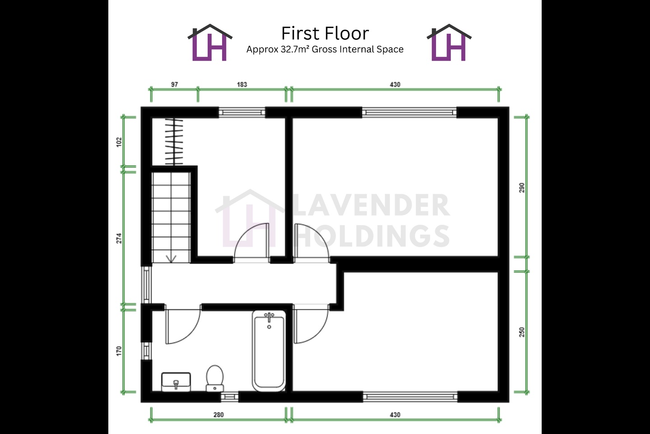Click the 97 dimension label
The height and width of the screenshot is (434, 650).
point(174,85)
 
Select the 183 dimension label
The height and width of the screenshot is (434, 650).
point(242,85)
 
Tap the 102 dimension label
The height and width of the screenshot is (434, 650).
point(119,142)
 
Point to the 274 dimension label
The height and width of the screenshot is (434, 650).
point(119,238)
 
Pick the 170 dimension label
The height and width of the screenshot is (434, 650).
point(119,351)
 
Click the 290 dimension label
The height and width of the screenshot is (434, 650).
point(522,188)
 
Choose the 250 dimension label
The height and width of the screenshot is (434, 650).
point(522,332)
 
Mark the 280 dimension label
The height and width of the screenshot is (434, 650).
point(219,415)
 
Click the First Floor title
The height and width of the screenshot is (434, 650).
point(325,33)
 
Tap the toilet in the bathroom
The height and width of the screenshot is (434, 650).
point(215,378)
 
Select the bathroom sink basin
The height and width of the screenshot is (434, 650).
point(176,382)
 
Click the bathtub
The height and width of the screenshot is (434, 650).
point(269,351)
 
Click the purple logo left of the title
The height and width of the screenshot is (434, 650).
point(210,42)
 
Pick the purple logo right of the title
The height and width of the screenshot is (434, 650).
point(449,42)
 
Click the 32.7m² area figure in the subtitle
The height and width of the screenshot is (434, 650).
point(294,49)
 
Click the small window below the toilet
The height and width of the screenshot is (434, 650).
point(229,397)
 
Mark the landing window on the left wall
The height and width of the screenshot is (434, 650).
point(146,285)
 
